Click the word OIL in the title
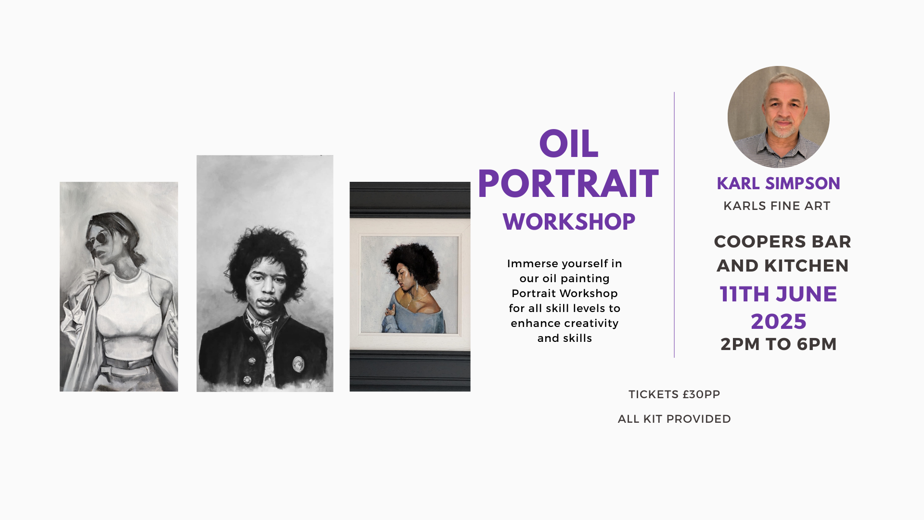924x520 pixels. point(569,144)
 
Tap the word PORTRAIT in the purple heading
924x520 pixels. point(568,184)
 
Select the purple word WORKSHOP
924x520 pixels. point(569,222)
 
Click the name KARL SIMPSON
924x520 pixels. point(778,183)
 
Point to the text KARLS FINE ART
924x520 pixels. point(777,206)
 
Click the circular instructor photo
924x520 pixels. point(778,117)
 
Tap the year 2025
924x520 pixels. point(779,322)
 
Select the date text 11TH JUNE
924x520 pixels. point(778,294)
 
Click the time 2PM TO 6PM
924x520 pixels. point(779,344)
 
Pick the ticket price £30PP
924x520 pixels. point(701,394)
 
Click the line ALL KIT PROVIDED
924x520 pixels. point(674,419)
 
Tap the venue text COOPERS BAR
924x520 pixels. point(783,242)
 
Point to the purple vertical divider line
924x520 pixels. point(674,224)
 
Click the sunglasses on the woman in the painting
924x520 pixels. point(97,239)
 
